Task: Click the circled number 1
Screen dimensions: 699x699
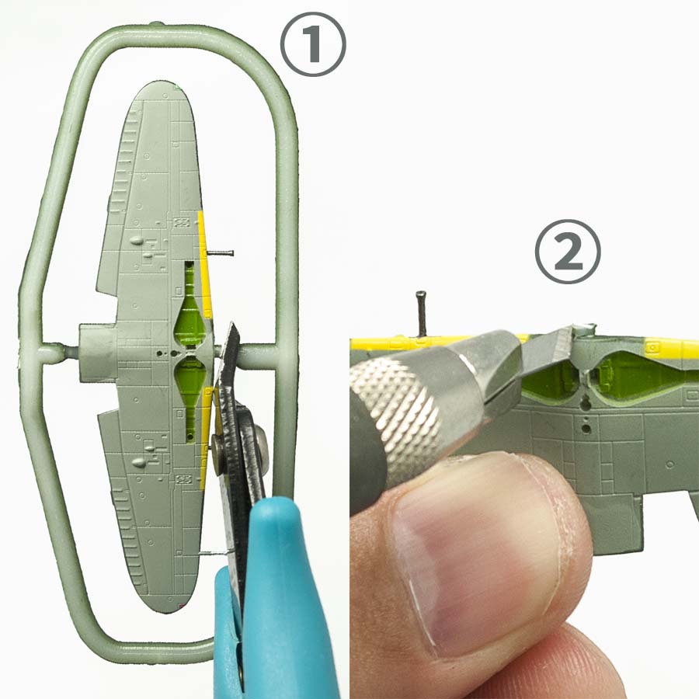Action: coord(313,43)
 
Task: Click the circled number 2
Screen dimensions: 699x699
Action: coord(568,252)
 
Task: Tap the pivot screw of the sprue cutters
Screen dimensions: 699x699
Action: coord(217,446)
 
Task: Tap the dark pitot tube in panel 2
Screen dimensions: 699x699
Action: coord(421,313)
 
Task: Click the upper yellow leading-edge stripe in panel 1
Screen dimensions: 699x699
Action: coord(204,263)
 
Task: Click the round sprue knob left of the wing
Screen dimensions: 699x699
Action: coord(50,353)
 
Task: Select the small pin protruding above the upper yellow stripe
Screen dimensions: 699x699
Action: coord(220,253)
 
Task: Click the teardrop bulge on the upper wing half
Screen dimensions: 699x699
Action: coord(137,241)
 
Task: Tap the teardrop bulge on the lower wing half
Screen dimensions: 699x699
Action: coord(139,462)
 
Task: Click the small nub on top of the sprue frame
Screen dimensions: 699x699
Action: coord(155,23)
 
